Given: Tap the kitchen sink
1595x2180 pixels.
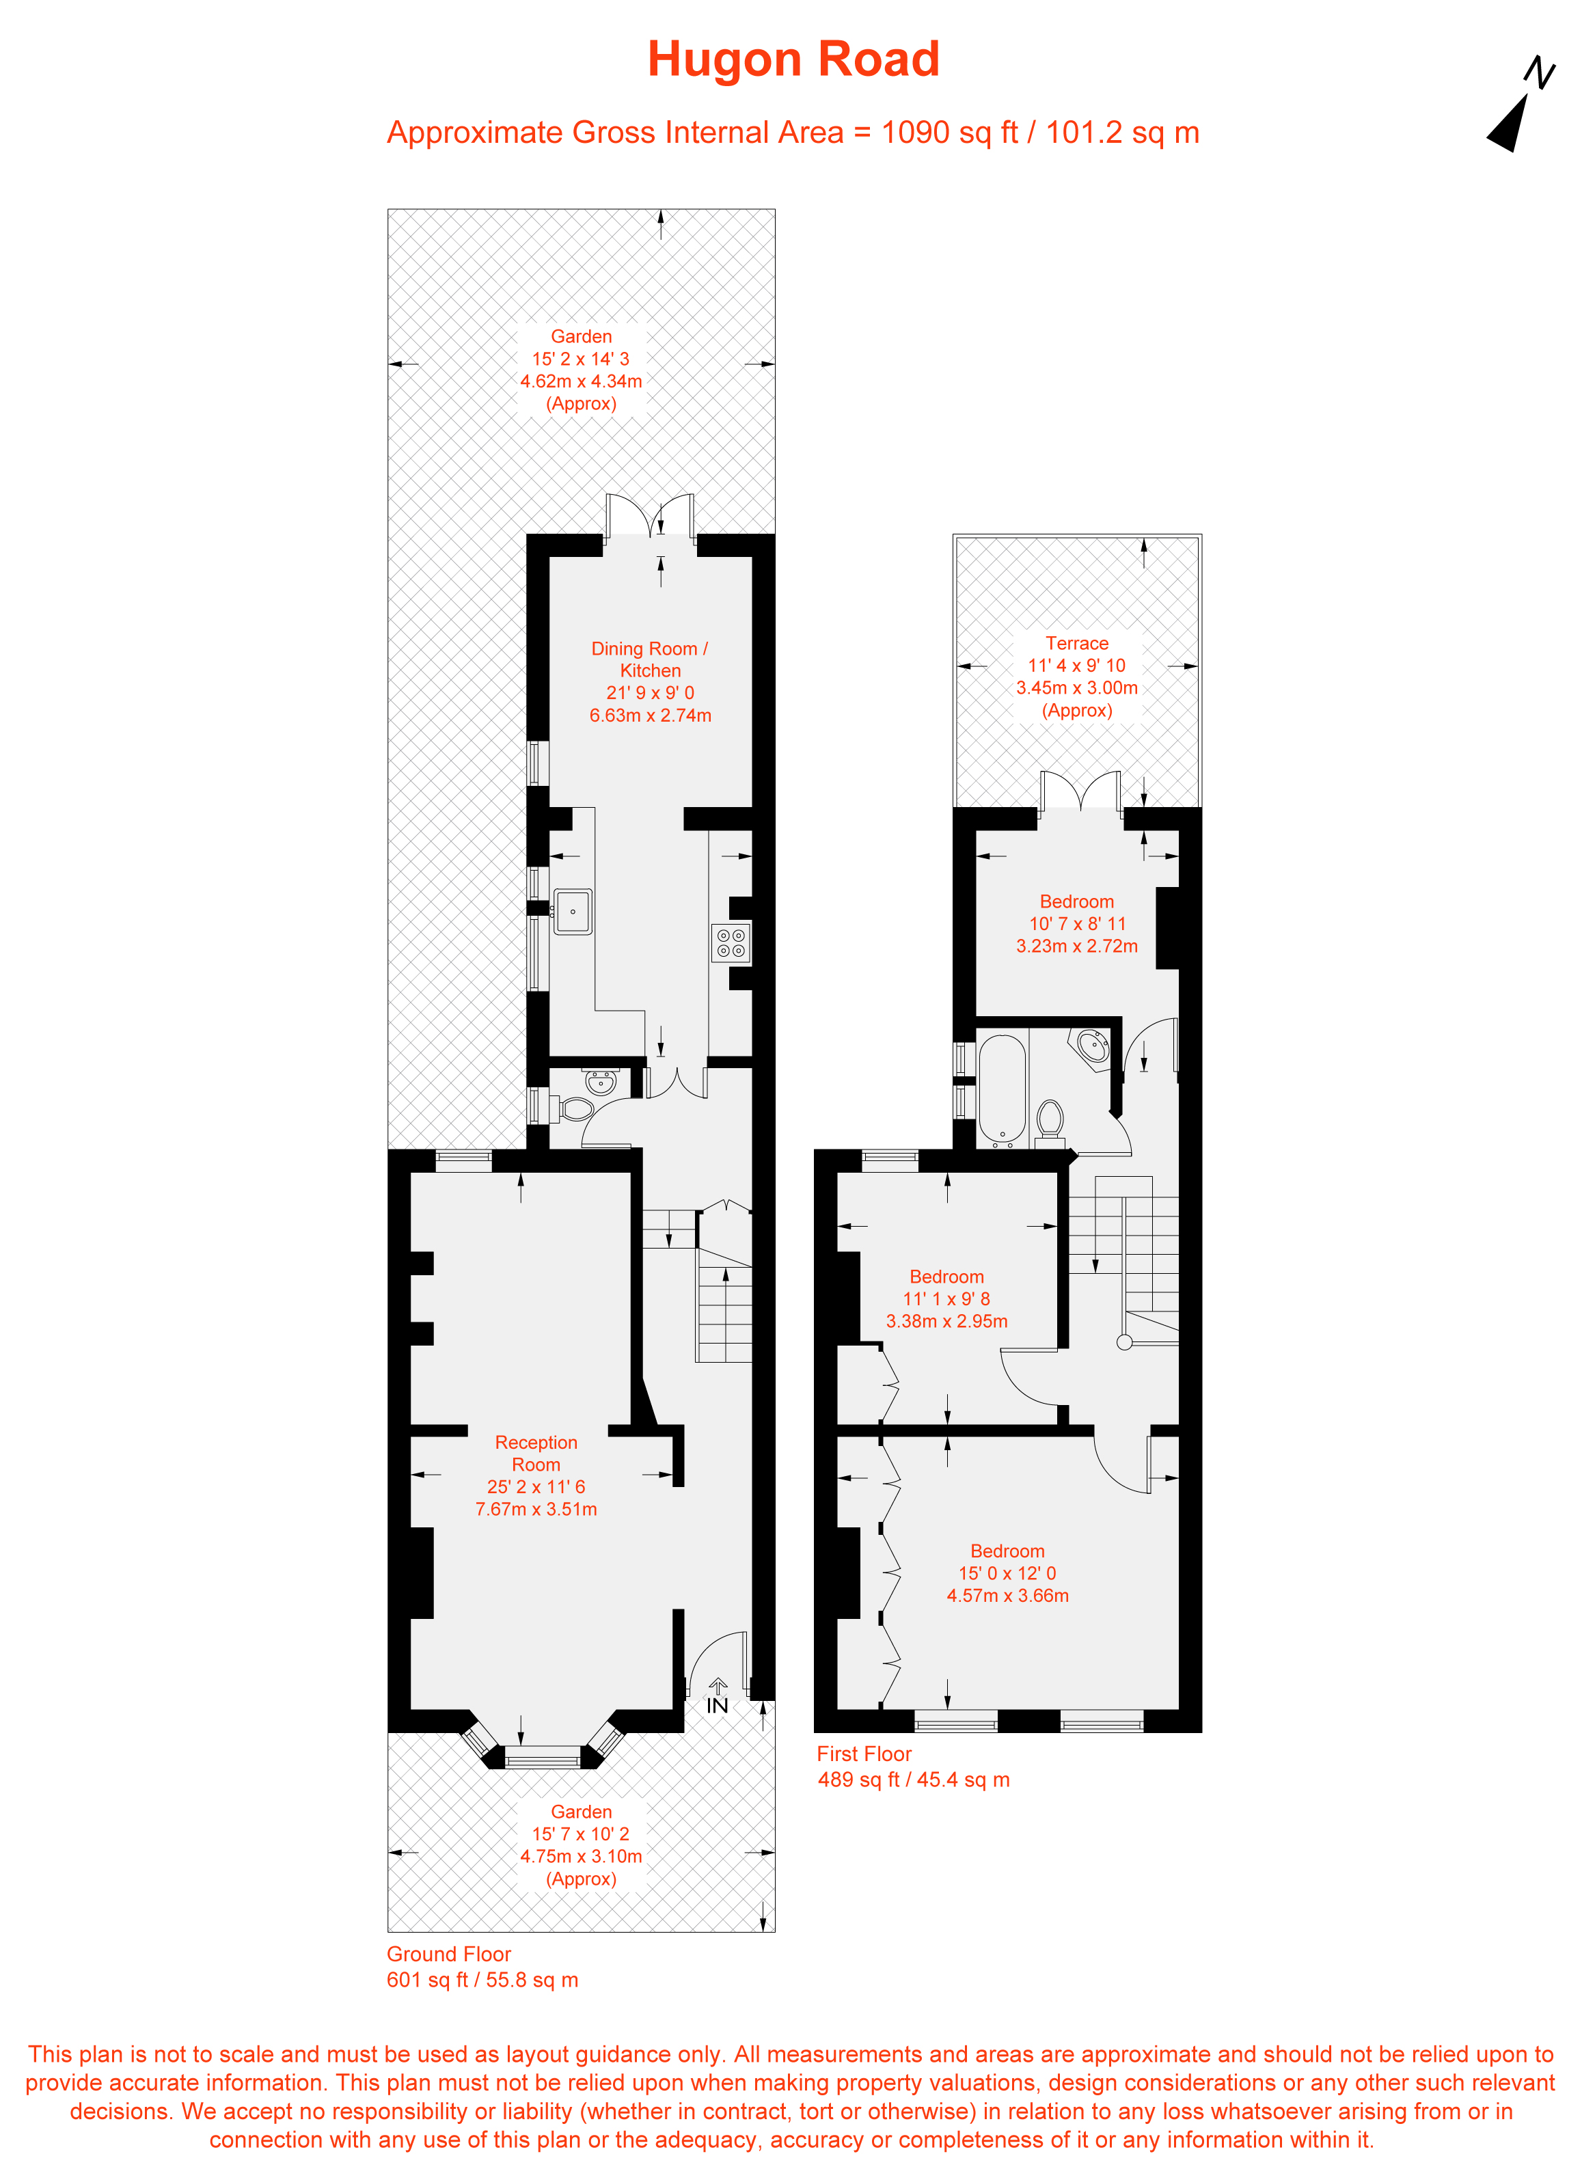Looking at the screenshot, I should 573,912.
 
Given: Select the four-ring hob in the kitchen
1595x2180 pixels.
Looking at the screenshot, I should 731,943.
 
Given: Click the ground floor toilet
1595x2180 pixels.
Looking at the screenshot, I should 575,1109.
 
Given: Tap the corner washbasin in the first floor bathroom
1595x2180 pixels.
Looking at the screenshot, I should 1093,1046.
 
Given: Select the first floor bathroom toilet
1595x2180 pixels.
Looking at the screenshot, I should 1050,1122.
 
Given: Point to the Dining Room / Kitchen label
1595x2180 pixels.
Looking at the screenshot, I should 650,659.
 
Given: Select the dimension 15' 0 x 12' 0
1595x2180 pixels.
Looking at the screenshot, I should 1007,1572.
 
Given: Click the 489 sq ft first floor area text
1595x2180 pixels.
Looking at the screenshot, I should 914,1780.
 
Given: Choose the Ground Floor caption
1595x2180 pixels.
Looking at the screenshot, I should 449,1954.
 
